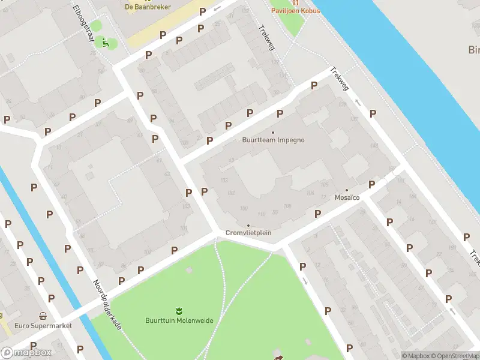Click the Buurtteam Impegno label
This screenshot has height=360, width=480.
273,140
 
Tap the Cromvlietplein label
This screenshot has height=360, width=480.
248,233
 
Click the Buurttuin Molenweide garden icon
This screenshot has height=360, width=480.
179,310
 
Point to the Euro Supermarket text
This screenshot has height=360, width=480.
44,326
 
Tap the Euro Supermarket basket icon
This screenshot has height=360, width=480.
43,316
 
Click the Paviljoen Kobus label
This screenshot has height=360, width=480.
295,11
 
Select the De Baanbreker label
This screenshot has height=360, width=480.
148,7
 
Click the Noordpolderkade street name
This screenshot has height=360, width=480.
107,305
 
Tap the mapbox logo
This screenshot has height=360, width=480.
26,352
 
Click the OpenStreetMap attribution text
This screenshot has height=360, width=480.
455,356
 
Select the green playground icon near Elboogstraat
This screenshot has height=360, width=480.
106,42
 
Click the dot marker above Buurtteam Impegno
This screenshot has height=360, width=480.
273,133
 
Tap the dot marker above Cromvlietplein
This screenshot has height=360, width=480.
248,226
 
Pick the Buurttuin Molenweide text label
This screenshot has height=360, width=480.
179,320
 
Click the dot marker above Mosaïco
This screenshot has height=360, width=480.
346,190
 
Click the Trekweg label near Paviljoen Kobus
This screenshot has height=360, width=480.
266,37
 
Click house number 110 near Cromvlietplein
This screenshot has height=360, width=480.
260,214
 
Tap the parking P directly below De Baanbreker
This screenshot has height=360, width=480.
163,35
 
